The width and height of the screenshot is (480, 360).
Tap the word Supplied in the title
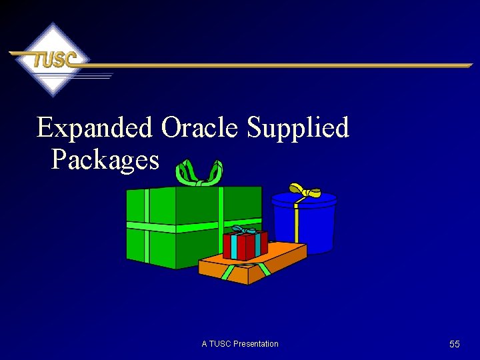[x=298, y=127]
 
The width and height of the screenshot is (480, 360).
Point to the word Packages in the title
[x=105, y=160]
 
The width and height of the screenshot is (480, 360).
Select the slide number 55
[x=455, y=344]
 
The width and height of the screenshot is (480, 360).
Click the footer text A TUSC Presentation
[x=240, y=344]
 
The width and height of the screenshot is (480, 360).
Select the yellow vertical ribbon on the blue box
[x=296, y=227]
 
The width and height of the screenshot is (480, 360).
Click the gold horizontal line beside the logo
[x=280, y=65]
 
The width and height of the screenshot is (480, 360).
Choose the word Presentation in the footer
[x=256, y=344]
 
